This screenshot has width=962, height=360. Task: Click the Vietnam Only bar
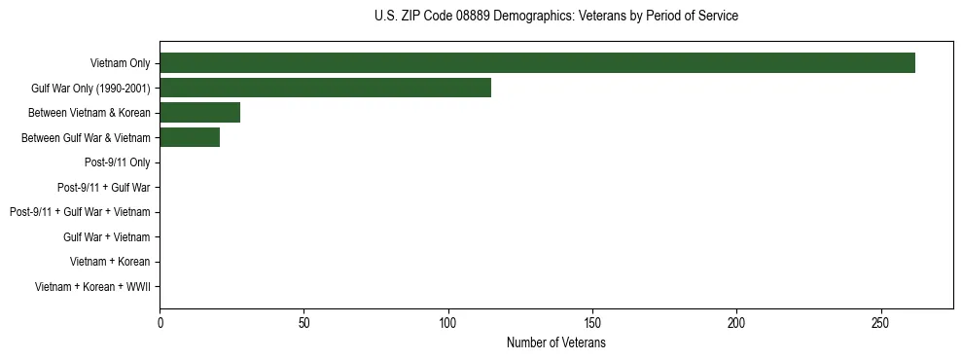pos(537,63)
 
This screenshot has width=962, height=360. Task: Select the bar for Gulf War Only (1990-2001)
pos(325,88)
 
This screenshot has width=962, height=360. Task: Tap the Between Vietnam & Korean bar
pos(199,113)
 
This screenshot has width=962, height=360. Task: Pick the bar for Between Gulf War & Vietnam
pos(190,138)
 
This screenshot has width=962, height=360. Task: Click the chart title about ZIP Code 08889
pos(555,17)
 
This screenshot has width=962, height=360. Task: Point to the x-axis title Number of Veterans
pos(555,342)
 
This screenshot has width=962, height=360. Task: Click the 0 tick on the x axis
pos(160,322)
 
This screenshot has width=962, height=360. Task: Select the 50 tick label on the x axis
pos(304,322)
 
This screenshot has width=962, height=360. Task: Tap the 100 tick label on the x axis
pos(448,322)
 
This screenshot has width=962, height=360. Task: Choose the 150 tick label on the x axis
pos(592,322)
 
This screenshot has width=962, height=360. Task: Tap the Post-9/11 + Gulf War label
pos(103,188)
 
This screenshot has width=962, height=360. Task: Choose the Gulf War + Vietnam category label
pos(106,237)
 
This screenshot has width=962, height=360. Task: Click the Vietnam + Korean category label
pos(110,262)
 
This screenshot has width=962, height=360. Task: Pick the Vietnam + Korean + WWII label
pos(92,287)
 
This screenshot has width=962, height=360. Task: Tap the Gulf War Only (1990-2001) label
pos(90,89)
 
